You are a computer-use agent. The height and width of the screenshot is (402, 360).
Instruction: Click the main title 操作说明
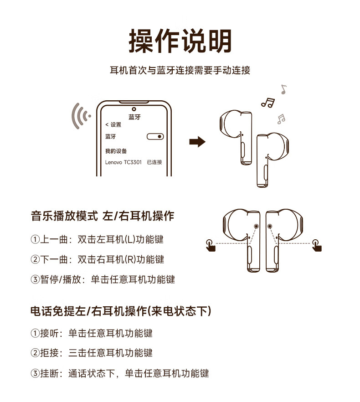point(180,41)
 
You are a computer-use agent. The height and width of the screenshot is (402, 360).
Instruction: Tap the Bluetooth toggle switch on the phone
point(155,136)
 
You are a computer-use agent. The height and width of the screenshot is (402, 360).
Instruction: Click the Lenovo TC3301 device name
point(123,162)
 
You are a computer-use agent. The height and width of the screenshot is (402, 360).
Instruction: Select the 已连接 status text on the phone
point(154,162)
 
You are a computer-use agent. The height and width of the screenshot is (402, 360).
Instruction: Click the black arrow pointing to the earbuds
point(197,141)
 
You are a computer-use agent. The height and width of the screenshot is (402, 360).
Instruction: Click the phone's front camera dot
point(134,109)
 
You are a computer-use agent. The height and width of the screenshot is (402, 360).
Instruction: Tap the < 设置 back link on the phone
point(113,124)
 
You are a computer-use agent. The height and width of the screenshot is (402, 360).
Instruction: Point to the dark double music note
point(267,103)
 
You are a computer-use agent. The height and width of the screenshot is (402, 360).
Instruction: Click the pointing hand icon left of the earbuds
point(211,245)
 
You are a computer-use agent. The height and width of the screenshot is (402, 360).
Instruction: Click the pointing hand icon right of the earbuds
point(317,245)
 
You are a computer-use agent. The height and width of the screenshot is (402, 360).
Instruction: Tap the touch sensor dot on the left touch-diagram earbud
point(256,226)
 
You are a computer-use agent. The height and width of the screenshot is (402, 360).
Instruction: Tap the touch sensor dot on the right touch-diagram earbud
point(270,226)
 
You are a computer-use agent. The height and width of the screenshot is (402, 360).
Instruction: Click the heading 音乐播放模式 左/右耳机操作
point(103,216)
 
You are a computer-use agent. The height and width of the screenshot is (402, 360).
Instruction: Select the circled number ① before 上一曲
point(35,239)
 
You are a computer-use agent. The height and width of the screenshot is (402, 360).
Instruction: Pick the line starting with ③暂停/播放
point(103,279)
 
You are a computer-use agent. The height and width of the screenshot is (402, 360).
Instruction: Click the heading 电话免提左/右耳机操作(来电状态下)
point(121,311)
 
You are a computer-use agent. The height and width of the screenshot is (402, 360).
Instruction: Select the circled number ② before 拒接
point(35,353)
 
